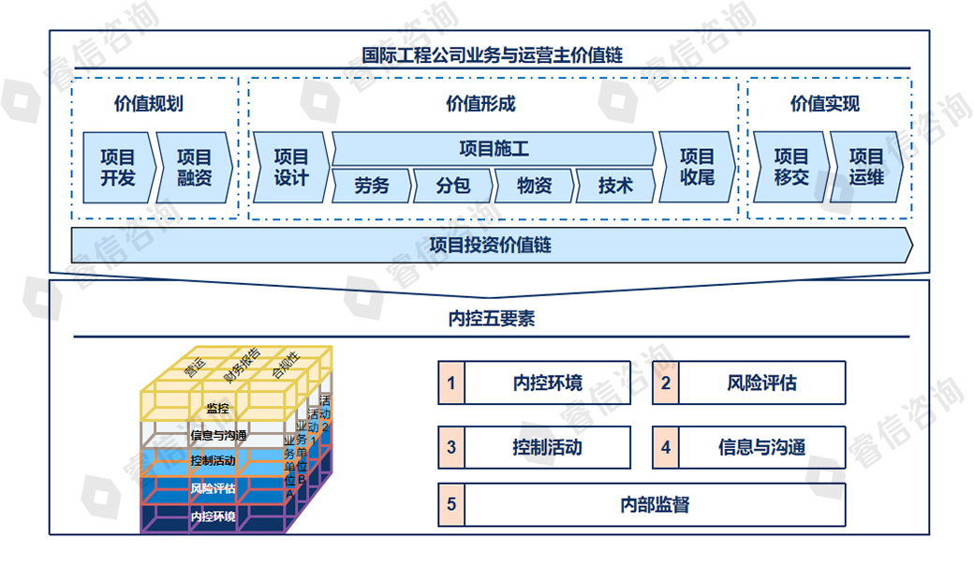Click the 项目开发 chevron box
pyautogui.click(x=116, y=168)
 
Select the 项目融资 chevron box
pyautogui.click(x=194, y=168)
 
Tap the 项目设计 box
pyautogui.click(x=290, y=168)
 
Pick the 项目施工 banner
pyautogui.click(x=494, y=149)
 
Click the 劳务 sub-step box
pyautogui.click(x=372, y=186)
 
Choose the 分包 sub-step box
pyautogui.click(x=452, y=186)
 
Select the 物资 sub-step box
pyautogui.click(x=534, y=186)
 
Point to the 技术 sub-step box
pyautogui.click(x=615, y=186)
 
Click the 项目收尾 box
pyautogui.click(x=697, y=168)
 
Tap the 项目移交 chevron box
pyautogui.click(x=791, y=168)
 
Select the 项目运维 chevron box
pyautogui.click(x=867, y=168)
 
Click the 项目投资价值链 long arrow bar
pyautogui.click(x=491, y=246)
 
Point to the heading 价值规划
pyautogui.click(x=148, y=104)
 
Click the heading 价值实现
pyautogui.click(x=824, y=104)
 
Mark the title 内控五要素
pyautogui.click(x=491, y=319)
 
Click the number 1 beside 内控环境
pyautogui.click(x=451, y=382)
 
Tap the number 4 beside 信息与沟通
pyautogui.click(x=666, y=447)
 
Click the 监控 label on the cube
pyautogui.click(x=217, y=408)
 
